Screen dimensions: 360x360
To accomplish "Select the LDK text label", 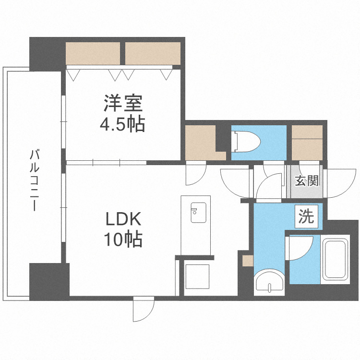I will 123,219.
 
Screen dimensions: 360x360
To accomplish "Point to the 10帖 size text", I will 123,239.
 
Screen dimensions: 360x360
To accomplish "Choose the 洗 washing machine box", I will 306,217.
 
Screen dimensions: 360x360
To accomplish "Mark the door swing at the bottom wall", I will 144,310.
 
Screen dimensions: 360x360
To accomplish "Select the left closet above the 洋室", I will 93,53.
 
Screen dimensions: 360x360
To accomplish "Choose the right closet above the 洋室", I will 153,53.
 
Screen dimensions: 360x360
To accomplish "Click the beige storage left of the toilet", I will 201,142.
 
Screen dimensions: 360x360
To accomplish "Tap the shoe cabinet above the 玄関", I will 307,142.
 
